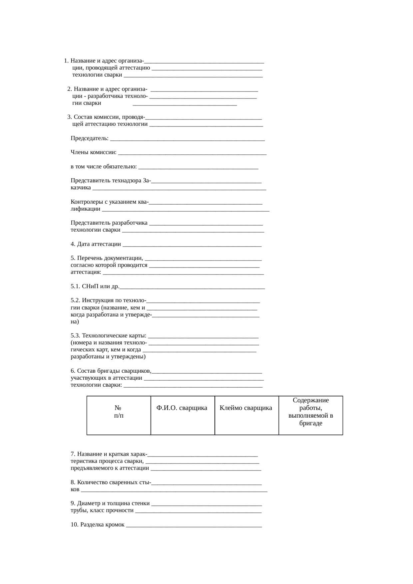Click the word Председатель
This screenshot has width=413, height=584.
pos(89,138)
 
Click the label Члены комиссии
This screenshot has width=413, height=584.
pos(93,152)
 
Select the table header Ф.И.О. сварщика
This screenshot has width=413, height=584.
pos(182,408)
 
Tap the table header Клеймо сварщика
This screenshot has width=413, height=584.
pos(246,408)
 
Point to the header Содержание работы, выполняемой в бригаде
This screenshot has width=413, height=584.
pos(310,412)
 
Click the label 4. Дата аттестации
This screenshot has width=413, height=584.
pos(96,244)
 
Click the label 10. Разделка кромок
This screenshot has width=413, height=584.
pos(98,525)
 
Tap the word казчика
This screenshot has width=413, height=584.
pos(81,188)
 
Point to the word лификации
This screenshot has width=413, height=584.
pos(85,209)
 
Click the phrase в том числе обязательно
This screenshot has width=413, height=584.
pos(104,166)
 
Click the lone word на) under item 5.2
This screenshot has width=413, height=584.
pos(75,322)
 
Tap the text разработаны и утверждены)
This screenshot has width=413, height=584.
pos(108,357)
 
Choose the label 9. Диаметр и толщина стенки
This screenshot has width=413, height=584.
pos(110,503)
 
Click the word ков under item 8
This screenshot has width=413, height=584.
pos(75,489)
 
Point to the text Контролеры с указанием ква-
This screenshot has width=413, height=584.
pos(110,202)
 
